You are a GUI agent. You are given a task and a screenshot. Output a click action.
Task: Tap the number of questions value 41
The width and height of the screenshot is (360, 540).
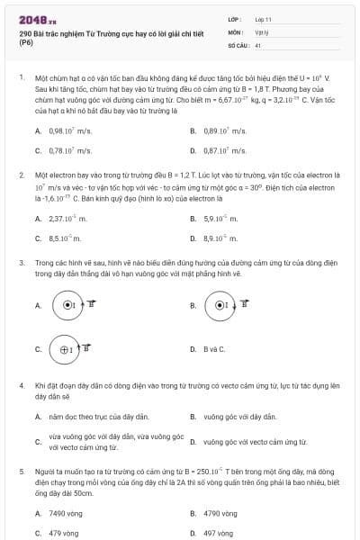click(x=258, y=44)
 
